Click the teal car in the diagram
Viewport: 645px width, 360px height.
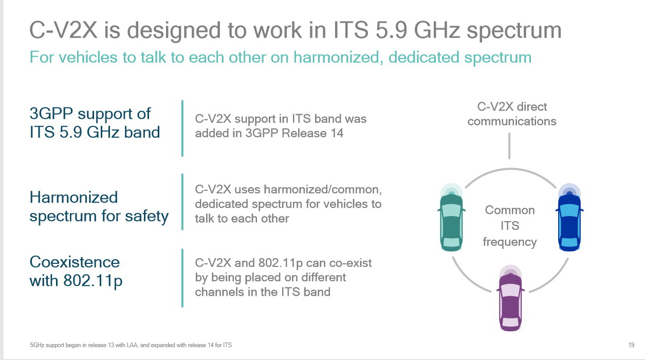tap(451, 222)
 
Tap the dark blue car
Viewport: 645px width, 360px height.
tap(569, 222)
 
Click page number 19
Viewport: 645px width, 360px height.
tap(631, 345)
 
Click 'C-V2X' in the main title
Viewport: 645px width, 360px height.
tap(63, 30)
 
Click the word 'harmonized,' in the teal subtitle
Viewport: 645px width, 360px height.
tap(338, 57)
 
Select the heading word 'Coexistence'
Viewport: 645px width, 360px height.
tap(75, 262)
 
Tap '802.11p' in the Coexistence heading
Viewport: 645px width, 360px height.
tap(93, 281)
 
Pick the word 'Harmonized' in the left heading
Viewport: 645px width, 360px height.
tap(73, 197)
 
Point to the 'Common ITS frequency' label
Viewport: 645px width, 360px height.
tap(510, 226)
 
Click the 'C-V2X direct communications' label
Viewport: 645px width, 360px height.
tap(512, 114)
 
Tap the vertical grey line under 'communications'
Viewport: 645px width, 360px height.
tap(509, 146)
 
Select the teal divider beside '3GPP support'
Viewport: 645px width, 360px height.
tap(182, 128)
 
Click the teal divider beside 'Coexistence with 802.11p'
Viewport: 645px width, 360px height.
tap(182, 278)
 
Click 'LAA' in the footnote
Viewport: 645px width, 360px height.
tap(132, 345)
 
